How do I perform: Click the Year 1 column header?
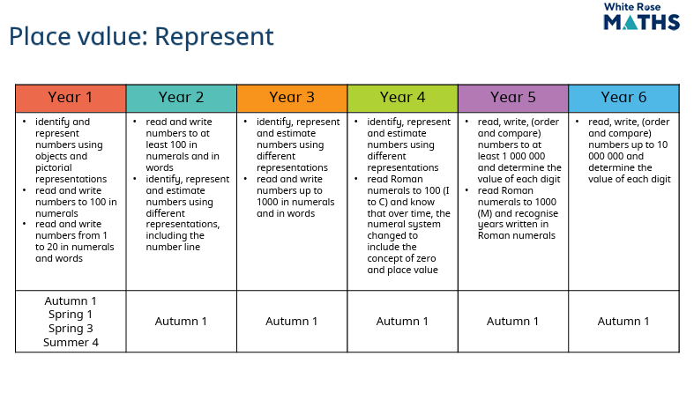pyautogui.click(x=71, y=98)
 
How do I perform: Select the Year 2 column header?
pyautogui.click(x=182, y=98)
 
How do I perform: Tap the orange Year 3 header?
pyautogui.click(x=292, y=98)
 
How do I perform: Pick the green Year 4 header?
pyautogui.click(x=403, y=98)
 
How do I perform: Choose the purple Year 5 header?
pyautogui.click(x=513, y=98)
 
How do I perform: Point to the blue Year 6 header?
pyautogui.click(x=624, y=98)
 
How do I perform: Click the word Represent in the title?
pyautogui.click(x=214, y=37)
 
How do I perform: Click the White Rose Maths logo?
pyautogui.click(x=641, y=17)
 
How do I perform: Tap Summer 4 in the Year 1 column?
pyautogui.click(x=71, y=343)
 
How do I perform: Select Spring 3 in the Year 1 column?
pyautogui.click(x=71, y=329)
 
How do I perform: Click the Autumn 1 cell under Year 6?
pyautogui.click(x=623, y=322)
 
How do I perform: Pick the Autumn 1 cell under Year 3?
pyautogui.click(x=292, y=322)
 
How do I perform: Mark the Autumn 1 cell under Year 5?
pyautogui.click(x=513, y=322)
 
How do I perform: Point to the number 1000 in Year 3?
pyautogui.click(x=267, y=202)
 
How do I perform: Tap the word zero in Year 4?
pyautogui.click(x=426, y=258)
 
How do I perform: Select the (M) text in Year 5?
pyautogui.click(x=485, y=213)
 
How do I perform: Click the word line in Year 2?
pyautogui.click(x=192, y=247)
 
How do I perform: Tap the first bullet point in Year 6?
pyautogui.click(x=577, y=121)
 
